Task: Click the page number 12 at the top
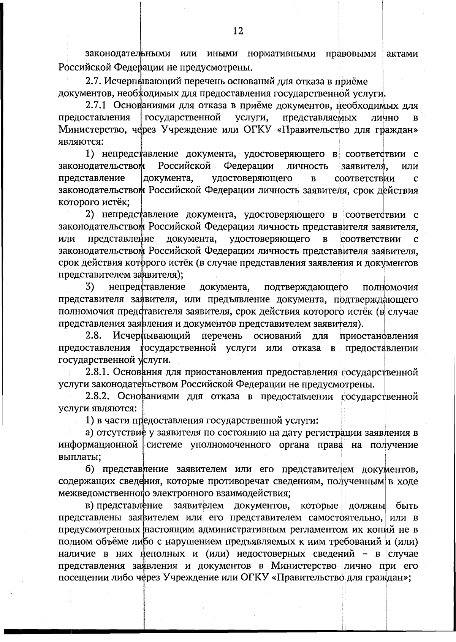point(238,31)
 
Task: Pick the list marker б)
point(90,470)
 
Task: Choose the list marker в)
point(90,506)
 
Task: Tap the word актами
point(402,54)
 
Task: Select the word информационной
point(98,445)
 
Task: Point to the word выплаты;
point(76,457)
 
